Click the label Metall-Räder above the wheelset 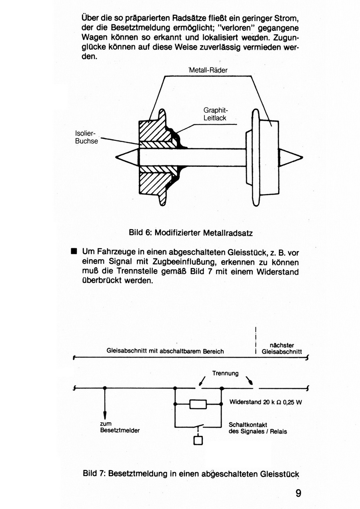coord(208,70)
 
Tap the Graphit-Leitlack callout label coord(215,114)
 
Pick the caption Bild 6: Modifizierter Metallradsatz coord(190,232)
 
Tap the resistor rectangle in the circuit coord(198,404)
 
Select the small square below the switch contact coord(198,440)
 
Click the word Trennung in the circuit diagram coord(225,373)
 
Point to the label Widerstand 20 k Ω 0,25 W coord(266,403)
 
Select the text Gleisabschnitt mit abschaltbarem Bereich coord(165,351)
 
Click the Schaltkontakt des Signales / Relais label coord(258,428)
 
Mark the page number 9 coord(298,493)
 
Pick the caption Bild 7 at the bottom coord(191,474)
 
